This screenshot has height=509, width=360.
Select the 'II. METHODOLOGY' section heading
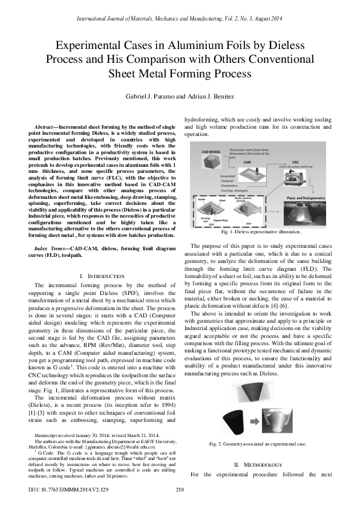pos(258,464)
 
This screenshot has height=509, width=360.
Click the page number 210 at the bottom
pos(180,489)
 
